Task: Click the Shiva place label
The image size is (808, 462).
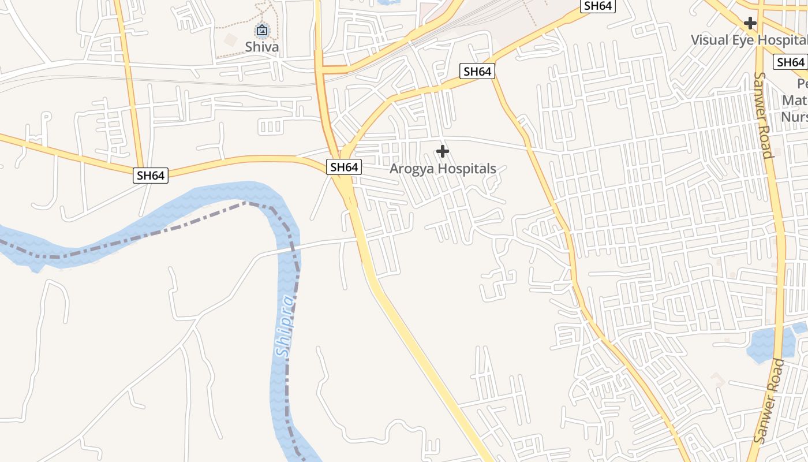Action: (x=262, y=47)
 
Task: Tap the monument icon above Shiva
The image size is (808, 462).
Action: (x=262, y=30)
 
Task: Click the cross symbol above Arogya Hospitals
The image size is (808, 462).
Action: (x=443, y=152)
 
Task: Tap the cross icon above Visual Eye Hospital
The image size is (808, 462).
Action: (x=750, y=23)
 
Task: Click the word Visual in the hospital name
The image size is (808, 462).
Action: (x=710, y=40)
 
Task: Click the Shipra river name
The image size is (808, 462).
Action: (x=285, y=326)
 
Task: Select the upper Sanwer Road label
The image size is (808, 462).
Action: (x=763, y=115)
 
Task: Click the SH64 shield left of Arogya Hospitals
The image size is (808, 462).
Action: (x=344, y=167)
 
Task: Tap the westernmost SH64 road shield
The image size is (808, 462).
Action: (x=151, y=176)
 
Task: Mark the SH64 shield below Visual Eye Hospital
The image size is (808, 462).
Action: (x=790, y=62)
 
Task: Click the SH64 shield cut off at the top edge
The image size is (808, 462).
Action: (x=598, y=6)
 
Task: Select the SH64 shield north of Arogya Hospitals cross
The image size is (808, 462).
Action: (x=477, y=72)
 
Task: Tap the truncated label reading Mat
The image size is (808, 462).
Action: (x=794, y=100)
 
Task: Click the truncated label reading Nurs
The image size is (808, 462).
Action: (x=794, y=117)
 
